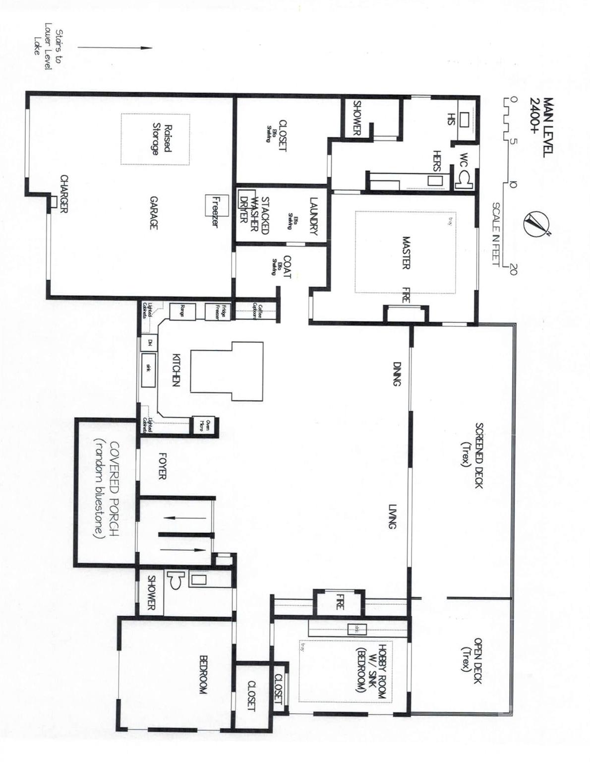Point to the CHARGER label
pyautogui.click(x=63, y=194)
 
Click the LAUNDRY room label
pyautogui.click(x=313, y=216)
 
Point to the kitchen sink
pyautogui.click(x=148, y=370)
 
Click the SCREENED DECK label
pyautogui.click(x=472, y=455)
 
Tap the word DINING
pyautogui.click(x=397, y=374)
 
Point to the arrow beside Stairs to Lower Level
pyautogui.click(x=114, y=48)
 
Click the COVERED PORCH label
pyautogui.click(x=106, y=490)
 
